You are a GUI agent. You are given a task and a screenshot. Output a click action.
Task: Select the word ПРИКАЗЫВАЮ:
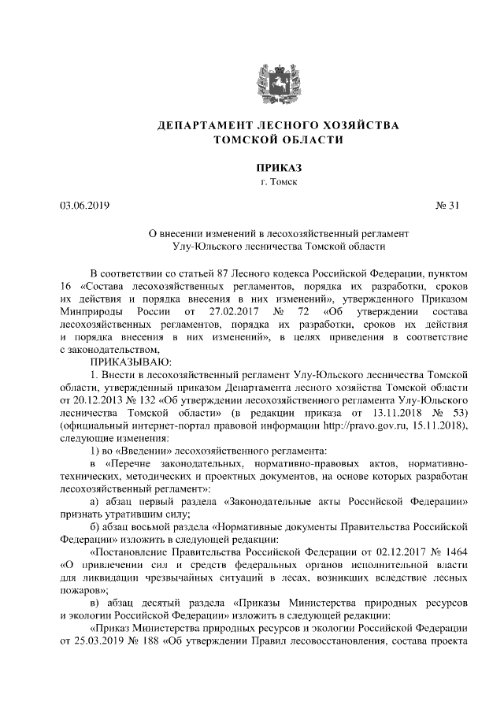125,362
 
